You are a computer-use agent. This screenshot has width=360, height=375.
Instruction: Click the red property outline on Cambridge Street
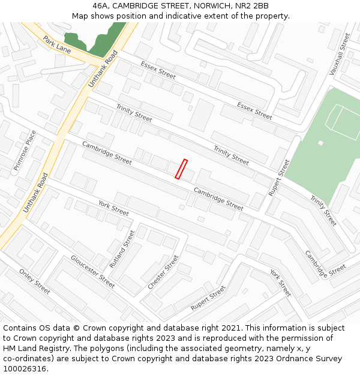pos(181,169)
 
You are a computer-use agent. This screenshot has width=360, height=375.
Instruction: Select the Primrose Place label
pos(25,151)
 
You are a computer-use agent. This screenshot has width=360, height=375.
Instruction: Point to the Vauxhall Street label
pos(339,54)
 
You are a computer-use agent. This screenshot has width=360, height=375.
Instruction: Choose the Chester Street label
pos(163,272)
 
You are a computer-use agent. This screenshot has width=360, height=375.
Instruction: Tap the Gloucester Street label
pos(92,271)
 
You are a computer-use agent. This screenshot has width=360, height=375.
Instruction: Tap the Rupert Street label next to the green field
pos(279,177)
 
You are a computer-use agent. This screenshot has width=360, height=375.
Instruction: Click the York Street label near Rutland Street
pos(113,208)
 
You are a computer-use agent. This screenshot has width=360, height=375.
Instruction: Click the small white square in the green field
pos(321,143)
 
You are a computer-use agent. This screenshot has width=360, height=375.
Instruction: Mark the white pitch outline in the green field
pos(344,119)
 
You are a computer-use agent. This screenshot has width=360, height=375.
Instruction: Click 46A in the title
pos(102,6)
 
